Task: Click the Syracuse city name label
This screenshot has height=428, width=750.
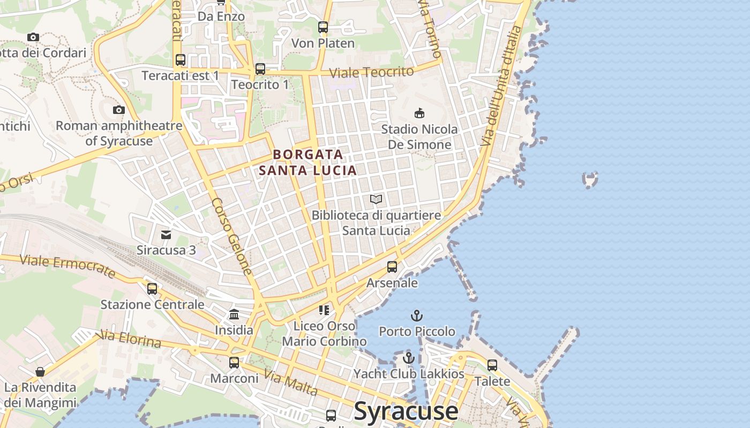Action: click(x=406, y=411)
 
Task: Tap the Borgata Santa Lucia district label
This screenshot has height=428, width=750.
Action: click(x=308, y=162)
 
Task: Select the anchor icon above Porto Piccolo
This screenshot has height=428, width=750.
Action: click(x=416, y=316)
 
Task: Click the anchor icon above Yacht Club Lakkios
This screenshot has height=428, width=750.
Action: click(x=409, y=358)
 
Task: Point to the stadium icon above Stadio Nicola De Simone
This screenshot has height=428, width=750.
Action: click(x=419, y=113)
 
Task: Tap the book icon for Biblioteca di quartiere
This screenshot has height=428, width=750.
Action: click(x=376, y=200)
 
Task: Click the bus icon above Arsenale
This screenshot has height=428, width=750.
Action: click(x=392, y=266)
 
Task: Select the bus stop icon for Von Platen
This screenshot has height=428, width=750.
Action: click(x=323, y=27)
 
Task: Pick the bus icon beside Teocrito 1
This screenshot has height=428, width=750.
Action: click(x=260, y=68)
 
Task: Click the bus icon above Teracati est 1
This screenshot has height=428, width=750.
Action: click(x=181, y=59)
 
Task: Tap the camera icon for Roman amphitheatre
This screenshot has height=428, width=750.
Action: click(x=119, y=110)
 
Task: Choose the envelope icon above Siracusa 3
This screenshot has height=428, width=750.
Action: click(x=166, y=234)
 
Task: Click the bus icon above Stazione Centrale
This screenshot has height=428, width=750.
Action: click(x=152, y=289)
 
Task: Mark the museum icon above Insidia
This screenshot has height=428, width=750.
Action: click(x=234, y=314)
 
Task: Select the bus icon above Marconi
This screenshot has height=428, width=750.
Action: click(x=234, y=362)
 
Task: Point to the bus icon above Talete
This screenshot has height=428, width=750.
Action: click(x=492, y=365)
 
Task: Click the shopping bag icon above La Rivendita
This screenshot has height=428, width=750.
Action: click(x=40, y=371)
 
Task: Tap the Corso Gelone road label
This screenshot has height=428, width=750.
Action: click(x=231, y=236)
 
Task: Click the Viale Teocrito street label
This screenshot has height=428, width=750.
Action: click(x=371, y=72)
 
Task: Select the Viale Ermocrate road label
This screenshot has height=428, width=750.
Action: click(x=67, y=266)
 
